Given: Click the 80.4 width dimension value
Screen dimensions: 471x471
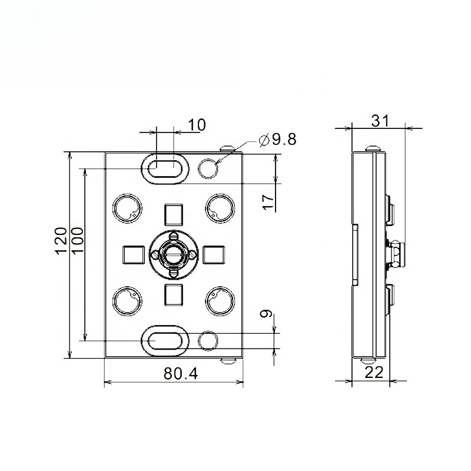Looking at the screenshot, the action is coord(181,374).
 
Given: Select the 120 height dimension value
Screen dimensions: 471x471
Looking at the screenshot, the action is coord(61,241).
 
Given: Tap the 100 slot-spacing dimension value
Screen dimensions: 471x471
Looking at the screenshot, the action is coord(77,241).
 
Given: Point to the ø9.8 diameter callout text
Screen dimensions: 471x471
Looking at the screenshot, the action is coord(277,139).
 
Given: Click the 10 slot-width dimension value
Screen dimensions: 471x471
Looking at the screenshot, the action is coord(197,125).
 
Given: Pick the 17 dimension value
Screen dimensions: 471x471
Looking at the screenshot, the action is coord(268,202).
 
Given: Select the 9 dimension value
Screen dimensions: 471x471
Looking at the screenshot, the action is coord(266,314).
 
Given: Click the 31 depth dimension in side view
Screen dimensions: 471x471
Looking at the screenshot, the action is coord(380,121).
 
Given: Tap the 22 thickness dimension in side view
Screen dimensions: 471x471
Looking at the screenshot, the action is coord(374,373).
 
